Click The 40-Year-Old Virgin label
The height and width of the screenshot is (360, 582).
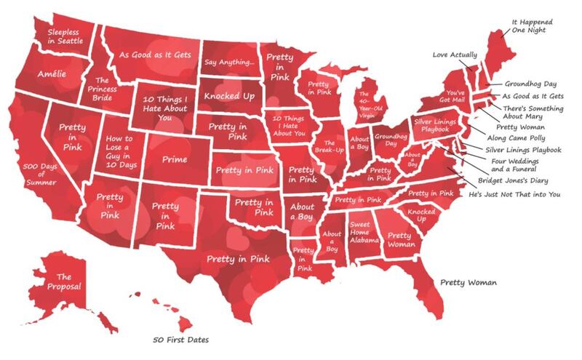click(367, 106)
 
